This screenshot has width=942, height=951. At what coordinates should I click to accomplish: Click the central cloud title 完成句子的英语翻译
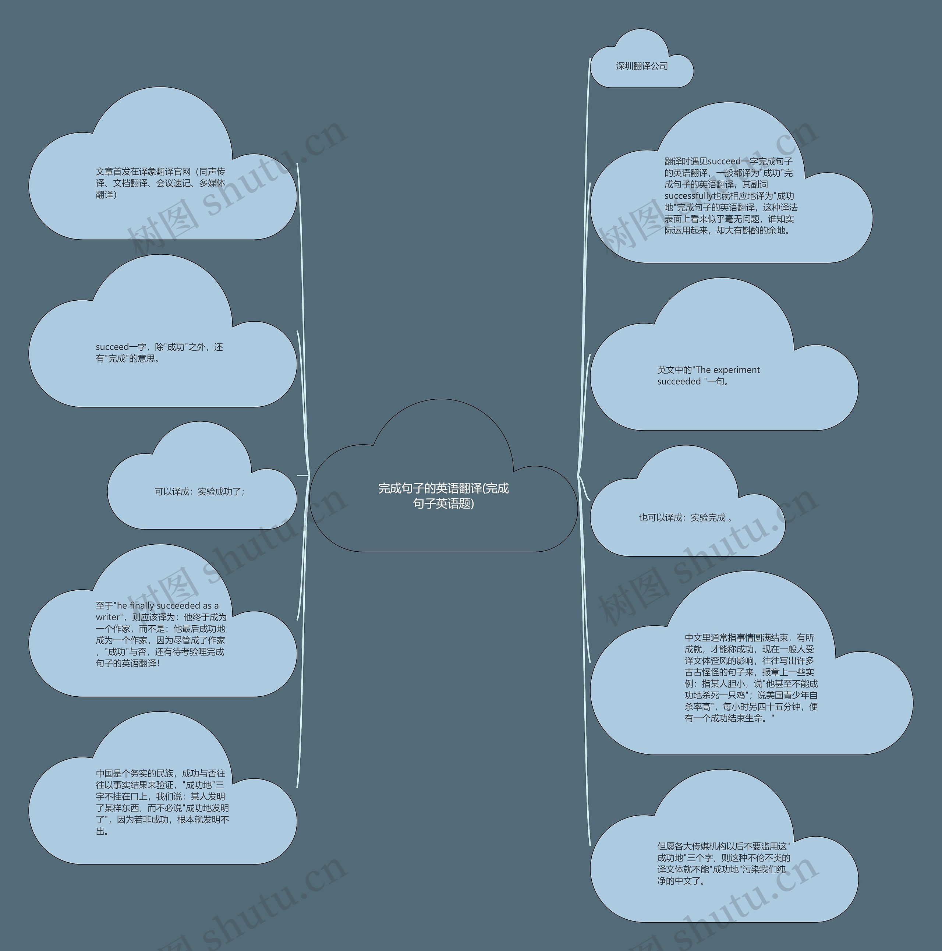tap(443, 488)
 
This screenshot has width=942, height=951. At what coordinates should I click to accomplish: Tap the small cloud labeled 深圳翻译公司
tap(642, 66)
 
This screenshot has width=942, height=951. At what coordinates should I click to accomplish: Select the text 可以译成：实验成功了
tap(199, 491)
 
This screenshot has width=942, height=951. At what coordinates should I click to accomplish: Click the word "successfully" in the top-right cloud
tap(688, 196)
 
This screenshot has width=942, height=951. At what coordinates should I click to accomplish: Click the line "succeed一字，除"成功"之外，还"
tap(159, 347)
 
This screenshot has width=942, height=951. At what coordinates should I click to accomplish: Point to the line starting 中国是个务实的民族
tap(160, 773)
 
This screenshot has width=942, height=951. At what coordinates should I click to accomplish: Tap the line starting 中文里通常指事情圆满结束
tap(749, 637)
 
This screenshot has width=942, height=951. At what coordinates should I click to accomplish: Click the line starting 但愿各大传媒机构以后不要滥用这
tap(723, 846)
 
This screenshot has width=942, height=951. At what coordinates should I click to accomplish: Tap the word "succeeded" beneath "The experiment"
tap(679, 382)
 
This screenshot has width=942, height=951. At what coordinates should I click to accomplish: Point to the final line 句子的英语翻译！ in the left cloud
tap(128, 663)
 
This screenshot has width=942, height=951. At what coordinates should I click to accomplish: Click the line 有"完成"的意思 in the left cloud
tap(128, 358)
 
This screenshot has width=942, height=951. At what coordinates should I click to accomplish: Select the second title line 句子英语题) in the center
tap(443, 503)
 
